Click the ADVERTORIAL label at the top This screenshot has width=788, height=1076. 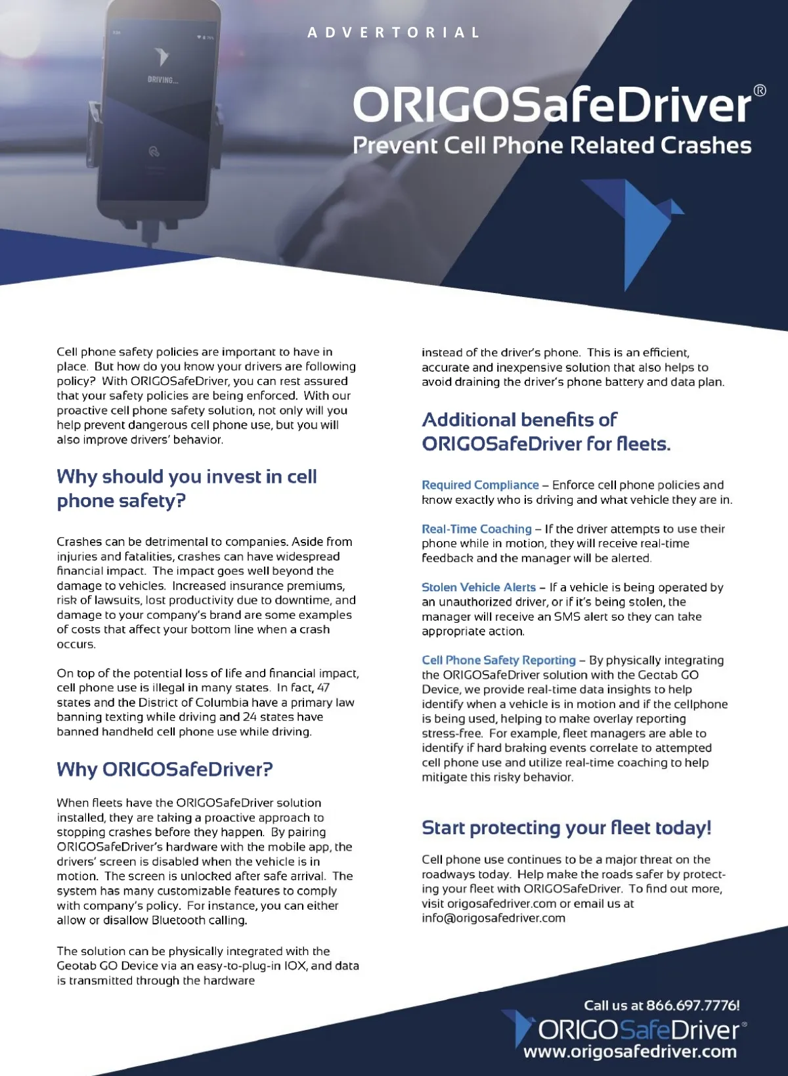(393, 32)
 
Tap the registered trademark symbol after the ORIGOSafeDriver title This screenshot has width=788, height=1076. (759, 91)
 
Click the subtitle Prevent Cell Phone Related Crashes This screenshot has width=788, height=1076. (552, 145)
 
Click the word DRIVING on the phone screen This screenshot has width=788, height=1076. (162, 80)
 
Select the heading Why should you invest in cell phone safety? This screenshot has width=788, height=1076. (186, 488)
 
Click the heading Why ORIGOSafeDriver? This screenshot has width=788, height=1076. (164, 769)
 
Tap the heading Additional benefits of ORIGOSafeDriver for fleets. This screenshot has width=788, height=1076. (546, 432)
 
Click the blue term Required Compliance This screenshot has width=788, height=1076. (480, 485)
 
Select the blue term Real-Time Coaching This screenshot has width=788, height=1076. (477, 529)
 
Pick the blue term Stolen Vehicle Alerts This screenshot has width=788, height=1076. (479, 587)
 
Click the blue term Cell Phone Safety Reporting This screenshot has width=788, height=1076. (498, 660)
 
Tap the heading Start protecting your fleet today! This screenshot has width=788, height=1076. (566, 828)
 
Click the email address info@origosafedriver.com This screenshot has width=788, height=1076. (493, 918)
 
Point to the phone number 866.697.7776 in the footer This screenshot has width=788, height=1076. (692, 1005)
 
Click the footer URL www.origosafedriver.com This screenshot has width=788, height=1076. (630, 1051)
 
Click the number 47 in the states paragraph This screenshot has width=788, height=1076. (323, 688)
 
